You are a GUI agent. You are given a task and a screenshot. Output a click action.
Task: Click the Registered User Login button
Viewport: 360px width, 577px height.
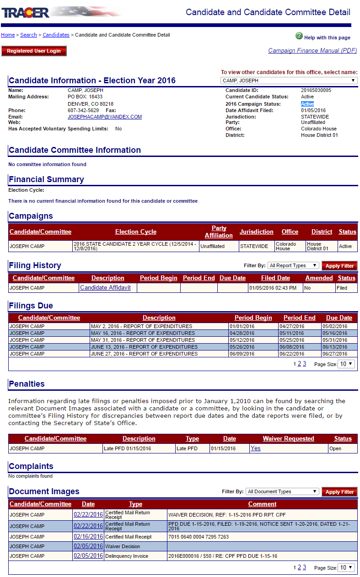(x=34, y=51)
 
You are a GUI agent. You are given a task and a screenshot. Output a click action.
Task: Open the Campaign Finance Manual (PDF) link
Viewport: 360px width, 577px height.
(x=312, y=51)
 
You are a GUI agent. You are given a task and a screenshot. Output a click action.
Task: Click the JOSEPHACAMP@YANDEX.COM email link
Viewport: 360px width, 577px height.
(x=105, y=117)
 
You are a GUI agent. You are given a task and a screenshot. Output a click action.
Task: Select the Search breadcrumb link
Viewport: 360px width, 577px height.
(x=28, y=35)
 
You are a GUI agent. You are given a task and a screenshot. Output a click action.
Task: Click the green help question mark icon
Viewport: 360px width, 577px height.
(x=299, y=36)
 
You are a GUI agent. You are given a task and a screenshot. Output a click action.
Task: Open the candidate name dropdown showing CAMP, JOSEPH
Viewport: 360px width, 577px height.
(x=289, y=81)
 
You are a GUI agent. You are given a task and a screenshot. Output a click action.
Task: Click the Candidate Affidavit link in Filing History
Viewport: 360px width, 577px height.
(x=105, y=288)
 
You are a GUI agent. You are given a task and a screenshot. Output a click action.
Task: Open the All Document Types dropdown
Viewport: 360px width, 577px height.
(x=282, y=491)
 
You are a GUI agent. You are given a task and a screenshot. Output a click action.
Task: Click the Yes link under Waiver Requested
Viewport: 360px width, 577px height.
(x=256, y=448)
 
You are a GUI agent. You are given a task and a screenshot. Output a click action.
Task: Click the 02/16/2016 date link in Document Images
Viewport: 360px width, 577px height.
(x=88, y=536)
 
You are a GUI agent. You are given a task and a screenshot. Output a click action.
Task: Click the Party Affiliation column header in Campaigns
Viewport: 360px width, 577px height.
(x=219, y=232)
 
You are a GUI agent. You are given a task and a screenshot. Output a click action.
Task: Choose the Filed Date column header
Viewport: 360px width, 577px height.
(x=275, y=278)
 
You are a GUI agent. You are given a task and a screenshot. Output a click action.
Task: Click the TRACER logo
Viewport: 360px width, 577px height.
(x=26, y=12)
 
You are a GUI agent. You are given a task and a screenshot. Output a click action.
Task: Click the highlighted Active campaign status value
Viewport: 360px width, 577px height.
(x=307, y=104)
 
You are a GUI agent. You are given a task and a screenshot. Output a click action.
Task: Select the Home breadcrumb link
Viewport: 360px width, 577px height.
(x=8, y=35)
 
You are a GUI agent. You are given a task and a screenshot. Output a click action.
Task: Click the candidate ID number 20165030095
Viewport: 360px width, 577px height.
(x=316, y=91)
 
